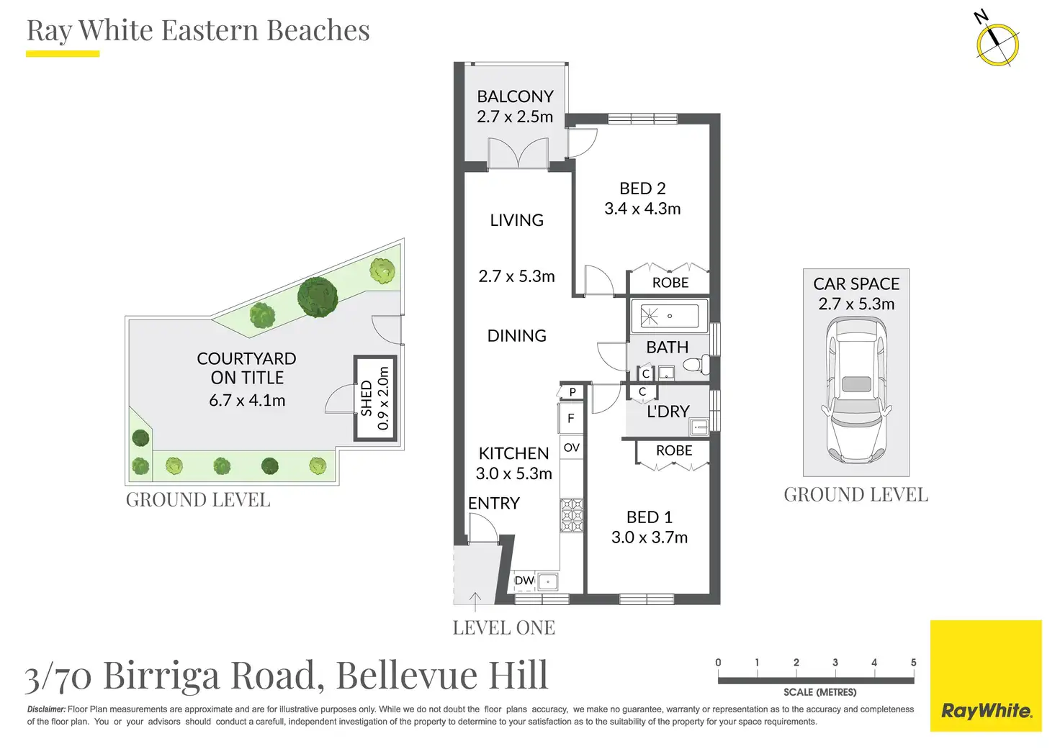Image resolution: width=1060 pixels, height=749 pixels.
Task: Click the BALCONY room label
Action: point(515,96)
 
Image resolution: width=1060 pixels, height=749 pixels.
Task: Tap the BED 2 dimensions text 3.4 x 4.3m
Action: point(642,209)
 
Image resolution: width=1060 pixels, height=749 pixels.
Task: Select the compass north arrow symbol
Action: point(997,42)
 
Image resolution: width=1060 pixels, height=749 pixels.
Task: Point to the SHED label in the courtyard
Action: point(367,398)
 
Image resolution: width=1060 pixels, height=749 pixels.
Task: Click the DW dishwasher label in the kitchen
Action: point(524,581)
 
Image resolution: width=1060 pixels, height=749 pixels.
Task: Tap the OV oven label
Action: point(572,448)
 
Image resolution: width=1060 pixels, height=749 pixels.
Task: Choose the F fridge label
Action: point(571,418)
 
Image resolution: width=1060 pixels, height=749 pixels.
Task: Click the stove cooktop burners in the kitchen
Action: point(572,515)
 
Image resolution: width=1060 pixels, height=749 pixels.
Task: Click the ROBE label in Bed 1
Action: point(674,450)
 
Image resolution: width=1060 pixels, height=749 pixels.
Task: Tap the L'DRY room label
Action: point(668,412)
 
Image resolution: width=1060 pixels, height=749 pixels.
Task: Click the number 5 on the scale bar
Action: point(913,663)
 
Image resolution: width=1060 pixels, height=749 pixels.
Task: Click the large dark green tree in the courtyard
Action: point(318,296)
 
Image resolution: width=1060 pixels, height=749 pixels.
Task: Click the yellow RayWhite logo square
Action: point(986,676)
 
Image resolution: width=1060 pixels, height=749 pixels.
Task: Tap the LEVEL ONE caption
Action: point(503,628)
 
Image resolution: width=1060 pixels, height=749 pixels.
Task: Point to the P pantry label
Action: point(572,392)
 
